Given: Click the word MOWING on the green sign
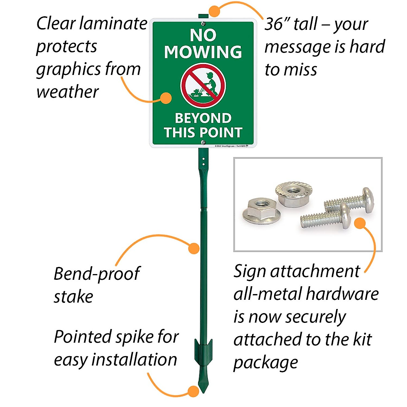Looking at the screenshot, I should (203, 52).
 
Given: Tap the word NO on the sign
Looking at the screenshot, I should (203, 35).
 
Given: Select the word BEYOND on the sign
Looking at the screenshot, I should (203, 118).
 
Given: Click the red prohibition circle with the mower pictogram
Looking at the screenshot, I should (203, 85).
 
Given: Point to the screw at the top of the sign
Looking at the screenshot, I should (203, 24).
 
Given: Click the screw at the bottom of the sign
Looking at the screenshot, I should (203, 143).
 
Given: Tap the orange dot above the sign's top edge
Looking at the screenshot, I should (214, 11).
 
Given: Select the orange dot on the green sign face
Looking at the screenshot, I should (166, 98).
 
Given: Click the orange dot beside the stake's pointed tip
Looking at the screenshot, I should (193, 391).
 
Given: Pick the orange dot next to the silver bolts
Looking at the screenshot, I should (360, 223).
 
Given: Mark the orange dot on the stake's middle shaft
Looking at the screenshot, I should (194, 248).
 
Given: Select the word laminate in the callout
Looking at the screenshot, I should (114, 24).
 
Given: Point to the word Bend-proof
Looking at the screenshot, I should (97, 274).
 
